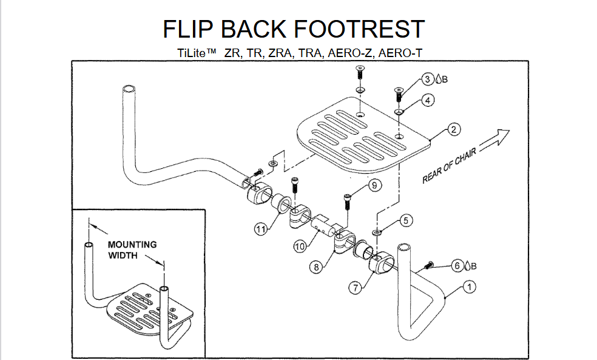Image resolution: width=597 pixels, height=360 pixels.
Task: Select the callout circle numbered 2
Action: (453, 129)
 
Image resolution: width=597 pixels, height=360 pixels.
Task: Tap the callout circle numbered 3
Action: (428, 80)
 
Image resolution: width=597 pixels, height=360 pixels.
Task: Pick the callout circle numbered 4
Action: (428, 101)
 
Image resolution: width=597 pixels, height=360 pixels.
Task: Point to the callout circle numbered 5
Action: (405, 221)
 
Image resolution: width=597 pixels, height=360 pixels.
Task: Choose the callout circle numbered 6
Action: (457, 265)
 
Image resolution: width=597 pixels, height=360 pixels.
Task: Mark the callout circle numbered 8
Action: (315, 265)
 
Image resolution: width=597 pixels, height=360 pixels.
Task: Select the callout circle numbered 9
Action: (375, 185)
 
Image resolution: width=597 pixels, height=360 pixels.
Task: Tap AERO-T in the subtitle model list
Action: (400, 53)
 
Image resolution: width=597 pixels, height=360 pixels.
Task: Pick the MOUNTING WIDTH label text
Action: (132, 250)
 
